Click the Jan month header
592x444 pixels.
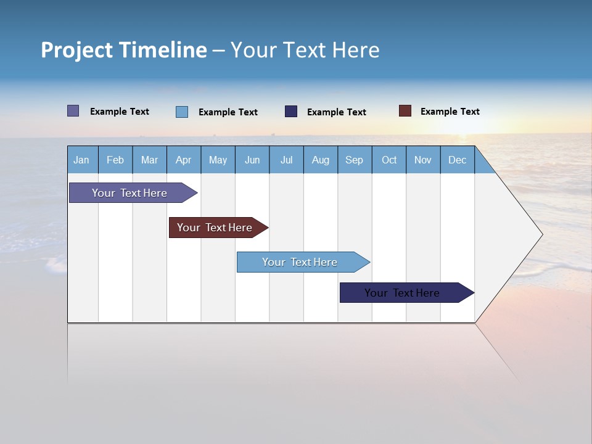click(81, 160)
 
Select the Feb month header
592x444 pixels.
click(115, 160)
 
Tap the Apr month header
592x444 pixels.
click(183, 160)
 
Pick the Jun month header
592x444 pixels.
click(252, 160)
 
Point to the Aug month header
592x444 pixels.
click(321, 160)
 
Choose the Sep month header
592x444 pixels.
click(355, 160)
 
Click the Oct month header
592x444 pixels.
click(389, 160)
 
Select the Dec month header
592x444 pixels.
click(458, 160)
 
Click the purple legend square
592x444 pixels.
click(73, 111)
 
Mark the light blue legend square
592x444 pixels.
click(182, 112)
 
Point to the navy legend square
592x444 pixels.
click(291, 111)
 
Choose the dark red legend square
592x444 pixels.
click(405, 111)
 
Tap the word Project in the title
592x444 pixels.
click(77, 50)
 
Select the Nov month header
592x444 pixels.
click(423, 160)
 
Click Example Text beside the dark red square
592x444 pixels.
click(450, 112)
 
